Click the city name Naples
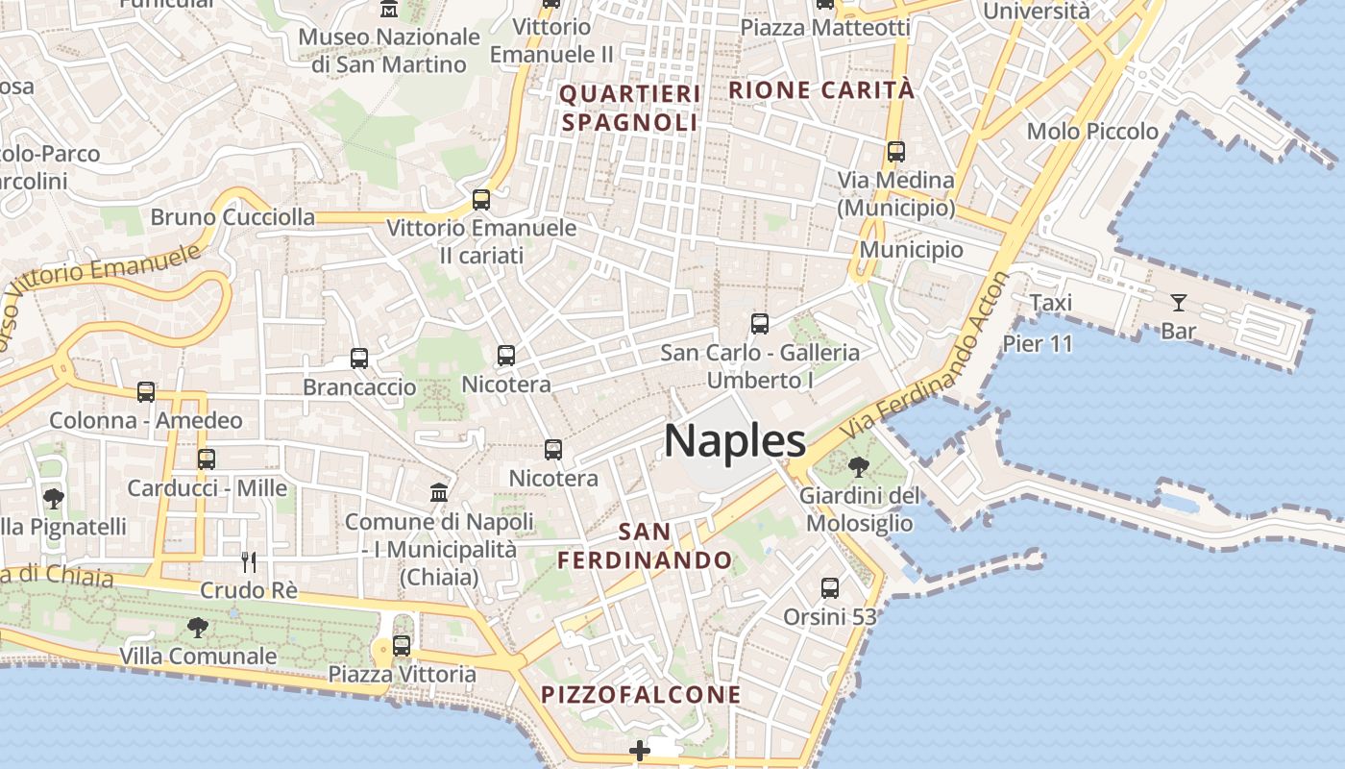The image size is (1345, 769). click(735, 441)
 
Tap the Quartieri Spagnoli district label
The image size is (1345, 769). click(630, 108)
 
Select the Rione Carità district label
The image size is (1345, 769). click(822, 90)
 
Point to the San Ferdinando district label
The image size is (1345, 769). click(646, 545)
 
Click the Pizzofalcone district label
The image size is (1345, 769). click(641, 694)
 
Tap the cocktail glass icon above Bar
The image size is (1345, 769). click(1178, 303)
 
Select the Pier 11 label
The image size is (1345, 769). click(1038, 344)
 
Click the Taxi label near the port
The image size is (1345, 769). click(1050, 303)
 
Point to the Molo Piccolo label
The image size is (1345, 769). click(1092, 132)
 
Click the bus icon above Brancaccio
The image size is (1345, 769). click(359, 359)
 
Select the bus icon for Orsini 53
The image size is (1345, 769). click(830, 587)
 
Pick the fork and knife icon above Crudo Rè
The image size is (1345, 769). click(248, 561)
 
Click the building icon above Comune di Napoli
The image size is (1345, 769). click(439, 492)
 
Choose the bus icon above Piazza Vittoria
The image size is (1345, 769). click(402, 646)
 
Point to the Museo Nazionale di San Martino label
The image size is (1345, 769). click(389, 51)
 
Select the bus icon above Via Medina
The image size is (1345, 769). click(896, 152)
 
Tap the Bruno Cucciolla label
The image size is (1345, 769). click(232, 217)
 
